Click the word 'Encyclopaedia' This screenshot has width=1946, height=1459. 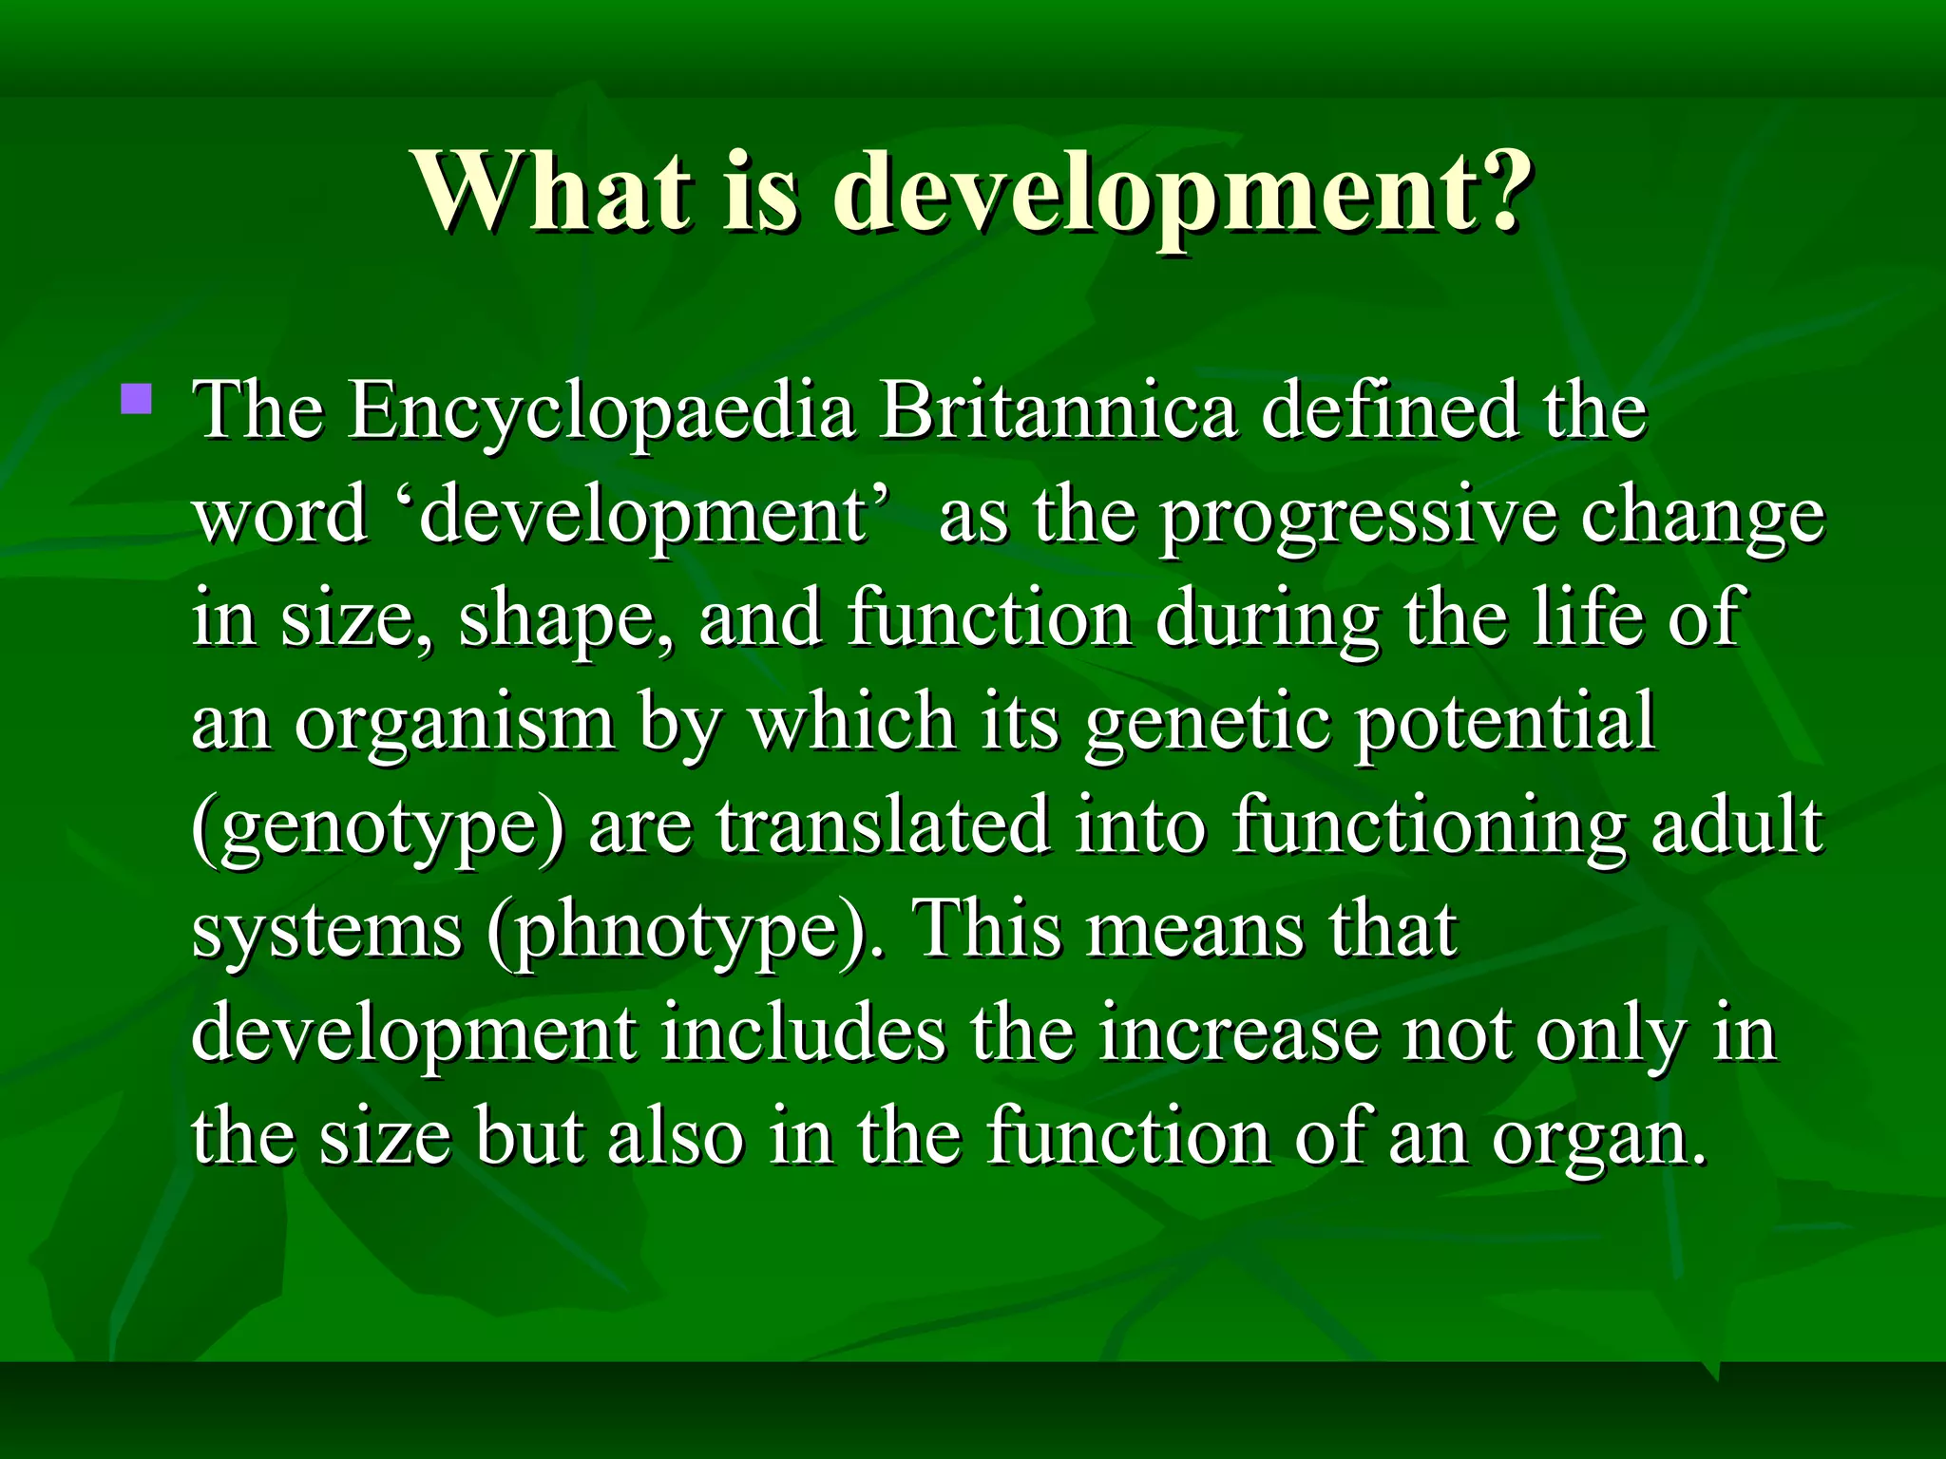pos(601,412)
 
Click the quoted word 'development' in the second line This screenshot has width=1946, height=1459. pos(642,517)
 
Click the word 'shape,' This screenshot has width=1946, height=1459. pos(566,621)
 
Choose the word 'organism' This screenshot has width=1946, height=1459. pos(454,726)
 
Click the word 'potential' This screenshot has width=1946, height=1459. pos(1505,726)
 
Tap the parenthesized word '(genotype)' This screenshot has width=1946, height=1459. pos(378,830)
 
